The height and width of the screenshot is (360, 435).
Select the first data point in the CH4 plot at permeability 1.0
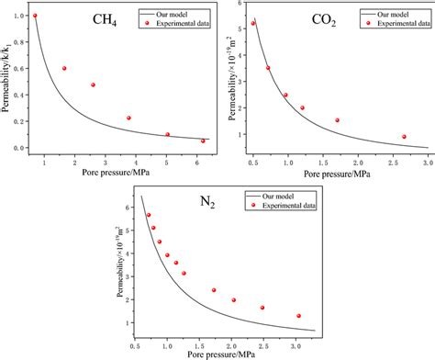35,16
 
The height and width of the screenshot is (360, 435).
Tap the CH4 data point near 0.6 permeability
64,68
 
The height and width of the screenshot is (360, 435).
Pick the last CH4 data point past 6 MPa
203,141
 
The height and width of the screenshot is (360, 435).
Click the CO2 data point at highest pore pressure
404,137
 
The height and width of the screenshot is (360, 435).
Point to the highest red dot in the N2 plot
149,215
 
